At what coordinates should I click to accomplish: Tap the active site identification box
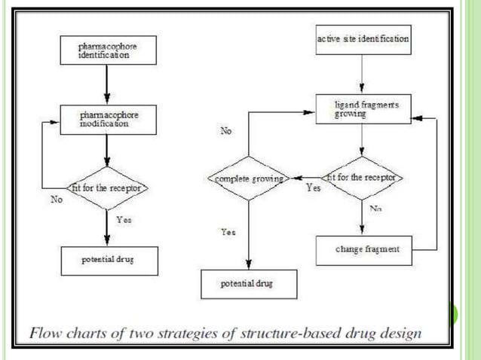tap(363, 38)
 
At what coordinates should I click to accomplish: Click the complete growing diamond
tap(247, 179)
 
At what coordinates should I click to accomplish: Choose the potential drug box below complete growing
tap(247, 284)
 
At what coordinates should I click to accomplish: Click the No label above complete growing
tap(226, 131)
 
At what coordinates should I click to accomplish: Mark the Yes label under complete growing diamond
tap(228, 233)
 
